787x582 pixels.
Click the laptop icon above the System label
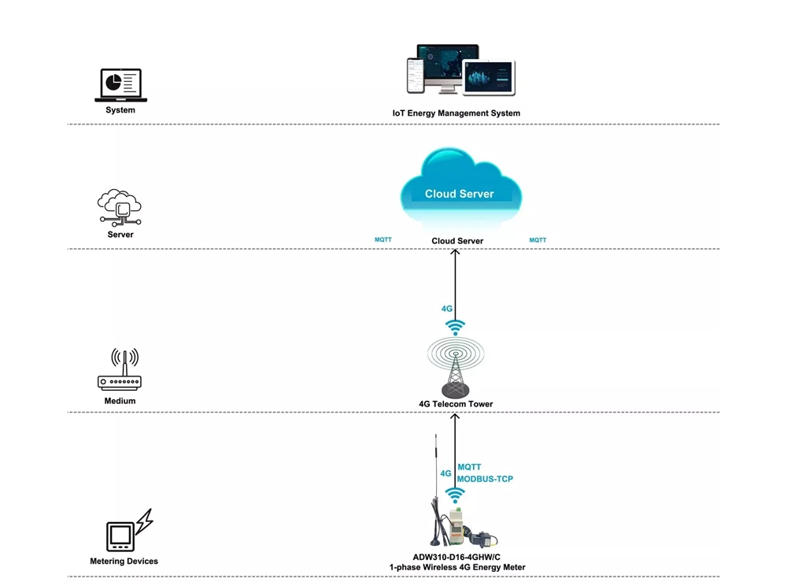point(120,85)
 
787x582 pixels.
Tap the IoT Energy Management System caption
point(456,113)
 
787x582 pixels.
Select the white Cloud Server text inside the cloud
point(460,194)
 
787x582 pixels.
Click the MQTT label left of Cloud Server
point(383,239)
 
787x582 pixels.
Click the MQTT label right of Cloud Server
point(538,239)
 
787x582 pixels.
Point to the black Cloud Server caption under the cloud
point(457,241)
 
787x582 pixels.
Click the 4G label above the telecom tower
point(447,309)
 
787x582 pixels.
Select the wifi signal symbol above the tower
point(456,327)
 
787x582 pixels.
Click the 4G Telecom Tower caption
point(456,404)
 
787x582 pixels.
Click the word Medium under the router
point(120,401)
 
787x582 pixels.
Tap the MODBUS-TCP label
point(485,479)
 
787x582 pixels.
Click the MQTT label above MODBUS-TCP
point(469,467)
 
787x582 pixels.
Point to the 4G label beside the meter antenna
point(445,473)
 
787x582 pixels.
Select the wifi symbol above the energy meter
point(455,495)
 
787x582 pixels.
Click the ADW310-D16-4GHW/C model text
point(456,557)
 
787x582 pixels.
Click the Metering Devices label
point(124,562)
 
